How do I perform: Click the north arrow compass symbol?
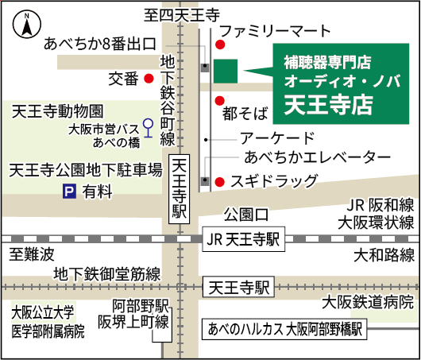[x=27, y=24]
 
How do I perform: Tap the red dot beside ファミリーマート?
[x=220, y=45]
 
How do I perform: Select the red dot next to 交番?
[x=149, y=79]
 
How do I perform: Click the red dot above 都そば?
[x=220, y=101]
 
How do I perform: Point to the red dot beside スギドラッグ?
[x=219, y=182]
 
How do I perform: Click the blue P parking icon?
[x=69, y=191]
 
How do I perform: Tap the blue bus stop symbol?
[x=148, y=128]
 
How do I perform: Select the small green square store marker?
[x=226, y=72]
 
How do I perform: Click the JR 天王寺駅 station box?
[x=244, y=239]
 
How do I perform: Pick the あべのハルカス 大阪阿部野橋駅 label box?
[x=284, y=329]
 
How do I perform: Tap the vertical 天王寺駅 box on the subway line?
[x=179, y=189]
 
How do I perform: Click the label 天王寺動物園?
[x=57, y=111]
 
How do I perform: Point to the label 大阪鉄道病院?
[x=368, y=302]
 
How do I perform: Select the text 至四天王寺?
[x=182, y=15]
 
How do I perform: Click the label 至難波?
[x=32, y=254]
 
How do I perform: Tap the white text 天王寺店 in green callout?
[x=329, y=105]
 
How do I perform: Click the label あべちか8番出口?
[x=100, y=44]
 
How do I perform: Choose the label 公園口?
[x=246, y=215]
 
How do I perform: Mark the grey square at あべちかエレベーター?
[x=205, y=181]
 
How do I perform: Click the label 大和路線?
[x=384, y=255]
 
